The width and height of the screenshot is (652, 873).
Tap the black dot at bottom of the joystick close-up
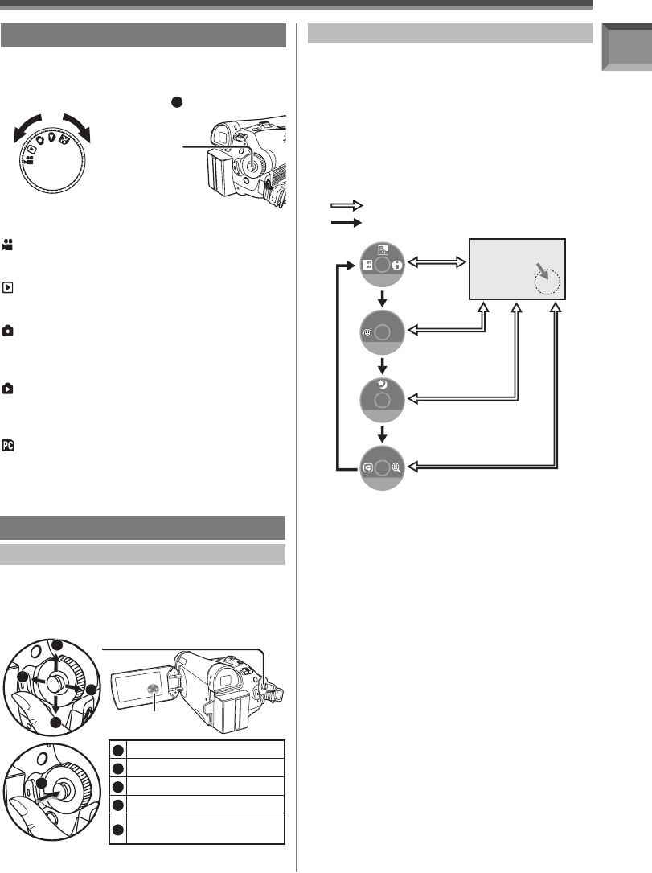click(x=56, y=722)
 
